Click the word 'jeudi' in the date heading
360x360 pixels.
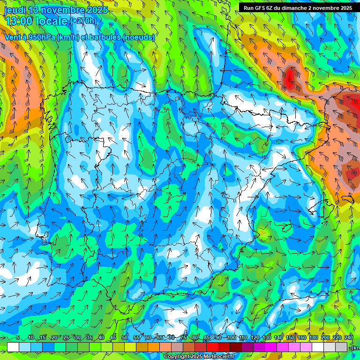(x=15, y=10)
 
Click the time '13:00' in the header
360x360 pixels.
(x=18, y=21)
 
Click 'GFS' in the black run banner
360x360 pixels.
(x=259, y=8)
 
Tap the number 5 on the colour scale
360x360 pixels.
(x=18, y=338)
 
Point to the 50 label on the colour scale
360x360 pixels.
(x=124, y=338)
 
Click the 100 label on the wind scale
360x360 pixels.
(x=231, y=338)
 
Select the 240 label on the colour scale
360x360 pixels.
(x=349, y=338)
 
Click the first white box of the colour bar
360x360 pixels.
(x=13, y=347)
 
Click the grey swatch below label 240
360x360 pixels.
(x=342, y=347)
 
